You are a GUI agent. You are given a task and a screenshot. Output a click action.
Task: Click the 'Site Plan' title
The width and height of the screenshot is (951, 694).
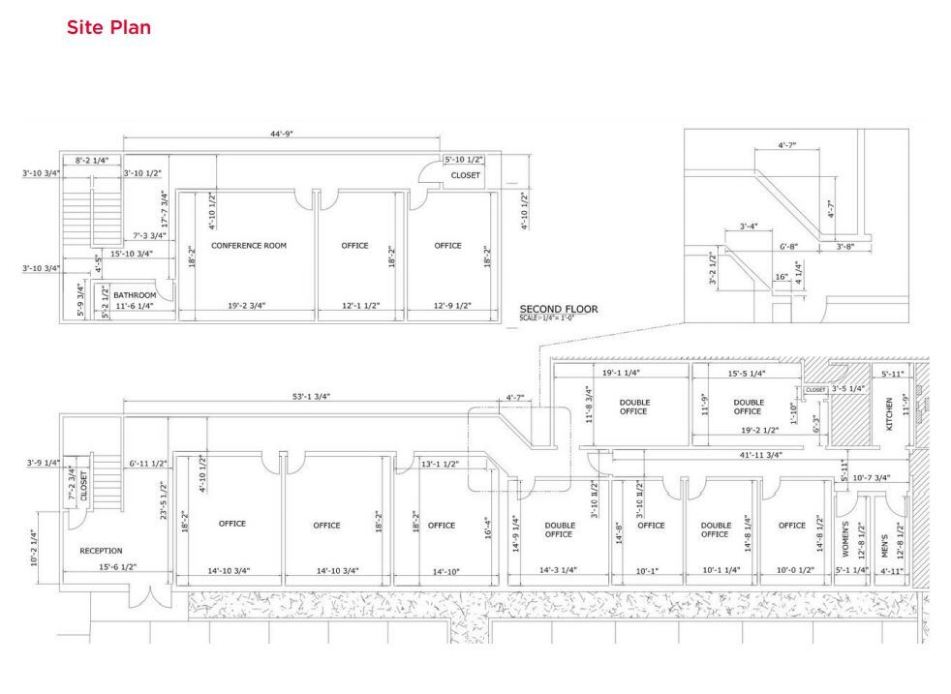click(x=108, y=28)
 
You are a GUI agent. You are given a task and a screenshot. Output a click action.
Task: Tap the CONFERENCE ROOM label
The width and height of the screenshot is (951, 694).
click(x=249, y=246)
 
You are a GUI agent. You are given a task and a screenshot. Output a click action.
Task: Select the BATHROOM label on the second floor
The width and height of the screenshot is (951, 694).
click(x=135, y=294)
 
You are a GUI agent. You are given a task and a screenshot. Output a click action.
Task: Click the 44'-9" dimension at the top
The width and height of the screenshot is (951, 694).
click(x=283, y=135)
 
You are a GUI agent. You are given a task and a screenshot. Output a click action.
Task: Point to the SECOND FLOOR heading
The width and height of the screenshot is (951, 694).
click(x=559, y=310)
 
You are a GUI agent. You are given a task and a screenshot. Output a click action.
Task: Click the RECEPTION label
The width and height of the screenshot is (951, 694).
click(x=101, y=551)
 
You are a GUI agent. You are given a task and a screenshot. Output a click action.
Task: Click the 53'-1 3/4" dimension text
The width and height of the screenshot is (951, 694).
click(x=306, y=397)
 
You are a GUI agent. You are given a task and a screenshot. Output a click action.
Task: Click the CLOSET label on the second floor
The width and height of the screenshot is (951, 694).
click(x=466, y=176)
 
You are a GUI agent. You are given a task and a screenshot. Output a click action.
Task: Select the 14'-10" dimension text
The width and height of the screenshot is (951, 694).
click(x=441, y=573)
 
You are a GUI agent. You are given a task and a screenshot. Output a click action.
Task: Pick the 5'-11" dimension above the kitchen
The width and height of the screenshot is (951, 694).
click(x=891, y=373)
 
